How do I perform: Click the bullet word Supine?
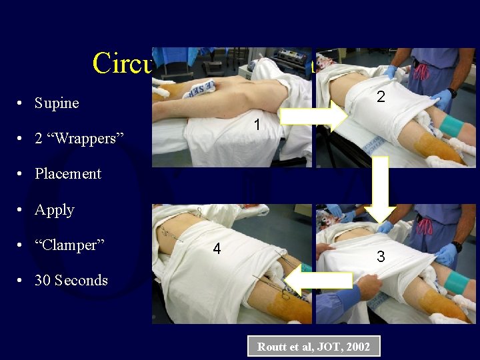(57, 103)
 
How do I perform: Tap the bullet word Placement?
(68, 174)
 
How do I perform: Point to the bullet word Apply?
(55, 210)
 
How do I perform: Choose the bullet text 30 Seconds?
(71, 281)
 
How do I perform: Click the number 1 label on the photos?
(256, 125)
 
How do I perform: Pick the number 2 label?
(380, 97)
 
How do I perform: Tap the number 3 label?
(381, 255)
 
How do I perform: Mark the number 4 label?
(217, 249)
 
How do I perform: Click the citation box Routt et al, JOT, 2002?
(313, 347)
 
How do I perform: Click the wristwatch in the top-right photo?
(453, 93)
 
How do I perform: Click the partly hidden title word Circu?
(122, 63)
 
